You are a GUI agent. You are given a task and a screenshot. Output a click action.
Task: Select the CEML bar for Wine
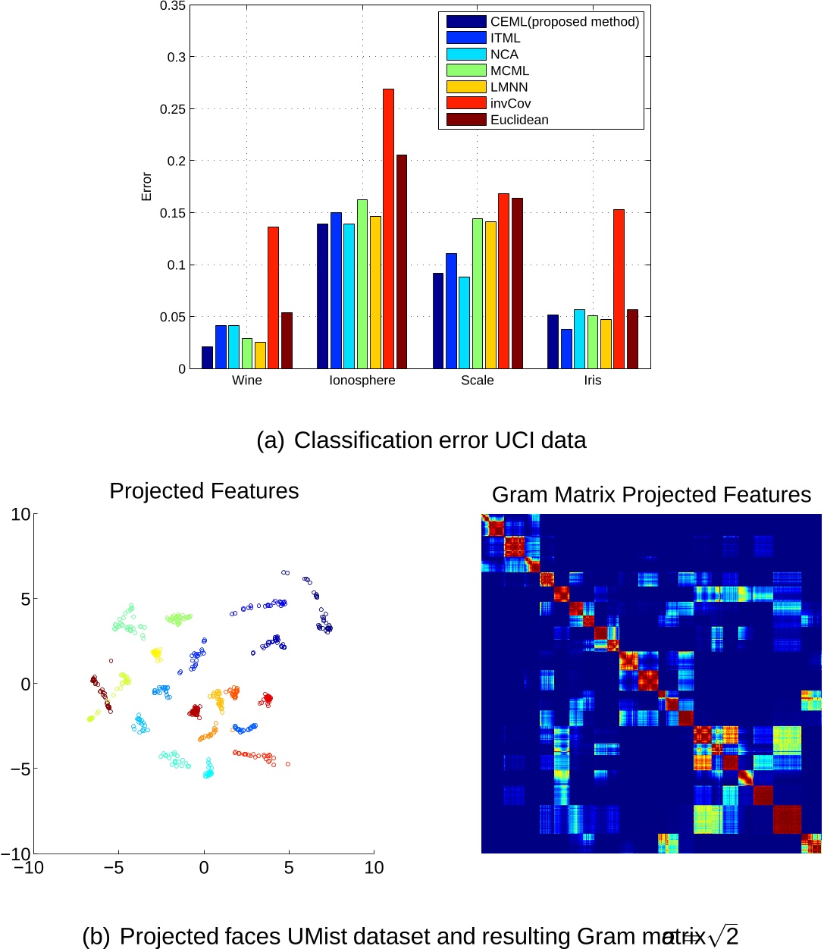pyautogui.click(x=207, y=358)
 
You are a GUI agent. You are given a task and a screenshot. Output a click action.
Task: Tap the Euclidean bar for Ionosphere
pyautogui.click(x=402, y=262)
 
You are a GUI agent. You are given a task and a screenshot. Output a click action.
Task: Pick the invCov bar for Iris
pyautogui.click(x=619, y=289)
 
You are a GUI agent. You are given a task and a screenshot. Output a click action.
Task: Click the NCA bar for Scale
pyautogui.click(x=464, y=323)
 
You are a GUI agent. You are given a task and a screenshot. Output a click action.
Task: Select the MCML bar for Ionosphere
pyautogui.click(x=362, y=284)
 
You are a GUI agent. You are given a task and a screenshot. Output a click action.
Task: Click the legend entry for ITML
pyautogui.click(x=505, y=38)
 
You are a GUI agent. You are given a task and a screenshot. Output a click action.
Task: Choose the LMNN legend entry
pyautogui.click(x=509, y=87)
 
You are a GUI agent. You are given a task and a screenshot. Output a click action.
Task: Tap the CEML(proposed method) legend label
pyautogui.click(x=564, y=22)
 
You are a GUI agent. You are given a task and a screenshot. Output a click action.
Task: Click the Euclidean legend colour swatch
pyautogui.click(x=465, y=120)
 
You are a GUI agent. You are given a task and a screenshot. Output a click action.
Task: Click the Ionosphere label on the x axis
pyautogui.click(x=362, y=381)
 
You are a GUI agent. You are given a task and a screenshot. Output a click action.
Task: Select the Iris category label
pyautogui.click(x=593, y=381)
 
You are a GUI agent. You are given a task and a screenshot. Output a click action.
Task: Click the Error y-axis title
pyautogui.click(x=146, y=186)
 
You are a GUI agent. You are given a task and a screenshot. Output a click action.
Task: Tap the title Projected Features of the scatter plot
pyautogui.click(x=204, y=491)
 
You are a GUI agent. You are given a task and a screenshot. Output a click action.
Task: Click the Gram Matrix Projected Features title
pyautogui.click(x=651, y=495)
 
